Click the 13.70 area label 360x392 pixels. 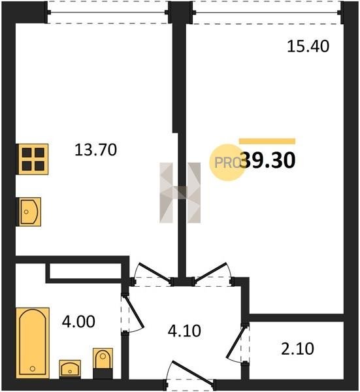(95, 150)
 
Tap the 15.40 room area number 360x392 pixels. (308, 46)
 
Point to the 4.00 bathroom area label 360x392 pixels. (78, 321)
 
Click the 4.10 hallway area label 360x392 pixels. (184, 331)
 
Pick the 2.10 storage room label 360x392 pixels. (297, 349)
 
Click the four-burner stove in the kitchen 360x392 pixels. (33, 159)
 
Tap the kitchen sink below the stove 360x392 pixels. (29, 212)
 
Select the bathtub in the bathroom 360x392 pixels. (33, 342)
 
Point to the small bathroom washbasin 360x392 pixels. (70, 369)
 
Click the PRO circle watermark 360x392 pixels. (227, 163)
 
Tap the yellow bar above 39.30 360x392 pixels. (267, 141)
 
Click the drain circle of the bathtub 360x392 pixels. (32, 368)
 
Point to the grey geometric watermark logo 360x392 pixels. (180, 193)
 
